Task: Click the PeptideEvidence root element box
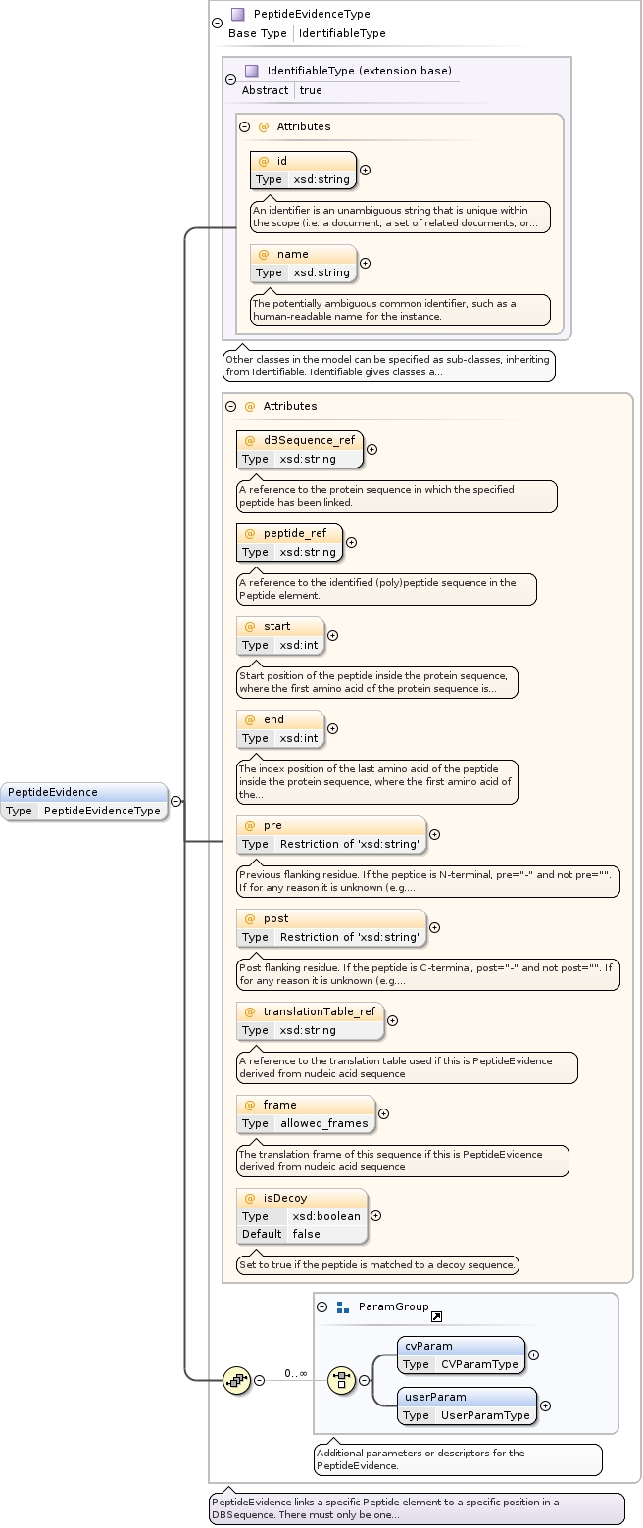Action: click(x=84, y=801)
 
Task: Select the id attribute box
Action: click(x=303, y=170)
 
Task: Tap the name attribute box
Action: click(x=303, y=263)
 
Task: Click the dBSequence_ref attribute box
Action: click(x=300, y=449)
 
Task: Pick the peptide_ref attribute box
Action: click(x=289, y=542)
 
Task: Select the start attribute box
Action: click(x=280, y=635)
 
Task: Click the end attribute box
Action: click(x=280, y=728)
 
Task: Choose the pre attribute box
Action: click(x=331, y=834)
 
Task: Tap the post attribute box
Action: click(x=331, y=927)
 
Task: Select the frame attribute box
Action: click(x=306, y=1113)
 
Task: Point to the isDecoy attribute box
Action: click(x=302, y=1215)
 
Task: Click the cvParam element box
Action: click(x=461, y=1355)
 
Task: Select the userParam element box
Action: click(x=467, y=1405)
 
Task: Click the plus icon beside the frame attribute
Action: click(x=383, y=1113)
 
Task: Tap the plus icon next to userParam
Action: click(x=545, y=1405)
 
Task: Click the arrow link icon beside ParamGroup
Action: click(x=436, y=1316)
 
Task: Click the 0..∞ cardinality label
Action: click(x=296, y=1373)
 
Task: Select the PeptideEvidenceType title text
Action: click(x=312, y=14)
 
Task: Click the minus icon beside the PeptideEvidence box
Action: click(x=175, y=801)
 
